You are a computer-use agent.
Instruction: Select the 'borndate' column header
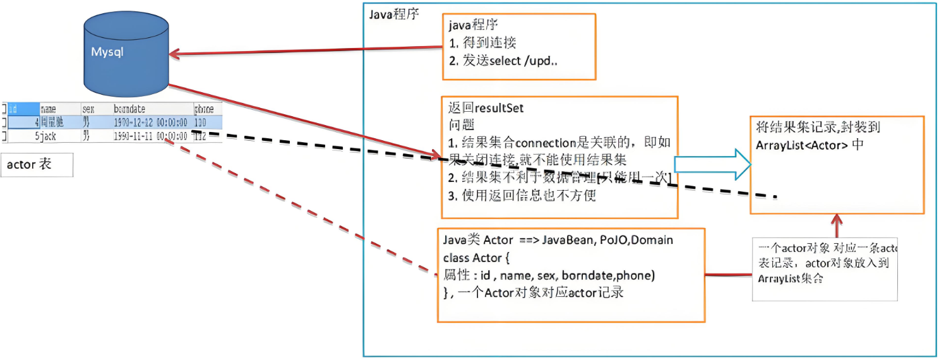click(129, 109)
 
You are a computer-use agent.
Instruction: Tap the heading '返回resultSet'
click(485, 108)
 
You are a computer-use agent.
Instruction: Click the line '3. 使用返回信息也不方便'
click(522, 195)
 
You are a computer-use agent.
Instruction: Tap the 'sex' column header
click(88, 109)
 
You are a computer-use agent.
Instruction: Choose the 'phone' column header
click(203, 109)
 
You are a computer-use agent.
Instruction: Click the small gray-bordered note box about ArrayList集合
click(825, 268)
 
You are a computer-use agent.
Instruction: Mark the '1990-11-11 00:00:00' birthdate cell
click(150, 136)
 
